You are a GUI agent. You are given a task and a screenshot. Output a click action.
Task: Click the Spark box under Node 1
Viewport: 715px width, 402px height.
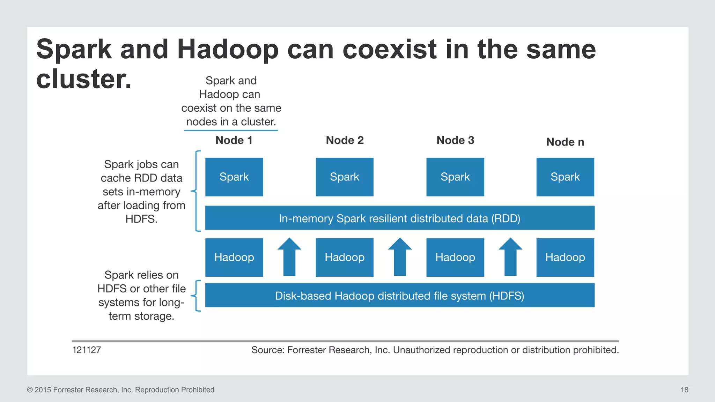234,177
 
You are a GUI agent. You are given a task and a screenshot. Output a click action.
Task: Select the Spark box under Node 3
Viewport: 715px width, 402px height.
455,177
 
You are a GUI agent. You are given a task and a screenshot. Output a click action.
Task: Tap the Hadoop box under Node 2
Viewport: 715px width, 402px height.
344,258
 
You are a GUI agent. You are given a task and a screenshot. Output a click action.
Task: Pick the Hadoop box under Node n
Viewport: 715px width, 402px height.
565,258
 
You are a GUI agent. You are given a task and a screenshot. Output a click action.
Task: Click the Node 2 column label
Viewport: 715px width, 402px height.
345,140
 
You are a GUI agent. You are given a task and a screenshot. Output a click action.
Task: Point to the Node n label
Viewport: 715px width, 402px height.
565,142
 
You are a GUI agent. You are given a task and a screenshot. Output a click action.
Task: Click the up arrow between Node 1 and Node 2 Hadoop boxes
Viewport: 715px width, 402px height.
289,257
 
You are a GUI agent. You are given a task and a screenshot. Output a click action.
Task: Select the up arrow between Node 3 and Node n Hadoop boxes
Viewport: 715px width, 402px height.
510,257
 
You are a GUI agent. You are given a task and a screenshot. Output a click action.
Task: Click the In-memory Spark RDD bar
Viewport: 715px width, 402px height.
399,218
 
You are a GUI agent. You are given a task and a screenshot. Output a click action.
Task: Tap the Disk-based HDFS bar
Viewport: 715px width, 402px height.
399,296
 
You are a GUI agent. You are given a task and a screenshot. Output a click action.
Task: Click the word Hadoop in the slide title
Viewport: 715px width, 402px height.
228,50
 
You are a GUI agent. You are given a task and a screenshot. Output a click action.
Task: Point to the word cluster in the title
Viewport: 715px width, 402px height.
84,79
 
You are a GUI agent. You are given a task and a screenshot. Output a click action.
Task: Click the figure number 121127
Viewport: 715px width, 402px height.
87,350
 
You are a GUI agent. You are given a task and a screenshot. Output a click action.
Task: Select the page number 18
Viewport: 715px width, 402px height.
684,390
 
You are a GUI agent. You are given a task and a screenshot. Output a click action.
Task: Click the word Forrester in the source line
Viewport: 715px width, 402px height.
307,350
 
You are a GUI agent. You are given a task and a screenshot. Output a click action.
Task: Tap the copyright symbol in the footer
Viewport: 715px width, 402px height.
30,390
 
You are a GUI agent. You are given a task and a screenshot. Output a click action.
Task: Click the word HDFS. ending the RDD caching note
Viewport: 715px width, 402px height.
141,219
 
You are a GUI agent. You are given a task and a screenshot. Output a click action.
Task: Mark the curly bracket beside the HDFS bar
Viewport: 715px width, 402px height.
197,296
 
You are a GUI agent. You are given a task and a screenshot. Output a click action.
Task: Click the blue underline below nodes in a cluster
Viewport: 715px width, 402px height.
231,131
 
